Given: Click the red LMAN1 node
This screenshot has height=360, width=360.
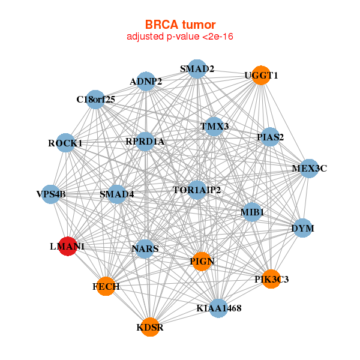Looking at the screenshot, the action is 68,246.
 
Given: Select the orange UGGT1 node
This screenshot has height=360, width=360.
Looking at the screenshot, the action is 261,76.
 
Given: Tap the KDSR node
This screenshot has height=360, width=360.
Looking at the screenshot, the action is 150,327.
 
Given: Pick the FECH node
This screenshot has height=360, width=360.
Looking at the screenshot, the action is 106,286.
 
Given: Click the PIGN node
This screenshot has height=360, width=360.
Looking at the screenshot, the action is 202,262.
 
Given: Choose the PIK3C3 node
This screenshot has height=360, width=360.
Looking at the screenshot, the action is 271,279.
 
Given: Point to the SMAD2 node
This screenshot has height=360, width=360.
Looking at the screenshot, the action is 197,69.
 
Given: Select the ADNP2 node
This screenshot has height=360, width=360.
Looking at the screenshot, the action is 146,81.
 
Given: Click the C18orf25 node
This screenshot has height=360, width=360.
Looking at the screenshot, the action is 95,100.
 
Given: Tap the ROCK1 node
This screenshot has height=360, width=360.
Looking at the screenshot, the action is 65,143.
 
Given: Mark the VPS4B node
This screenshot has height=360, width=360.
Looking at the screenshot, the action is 51,194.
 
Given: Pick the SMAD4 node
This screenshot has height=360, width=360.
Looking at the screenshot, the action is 116,194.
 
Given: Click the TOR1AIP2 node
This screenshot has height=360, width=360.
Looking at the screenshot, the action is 197,190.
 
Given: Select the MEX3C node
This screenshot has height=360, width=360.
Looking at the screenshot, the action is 310,169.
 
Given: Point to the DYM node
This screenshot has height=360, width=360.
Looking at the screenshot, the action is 303,228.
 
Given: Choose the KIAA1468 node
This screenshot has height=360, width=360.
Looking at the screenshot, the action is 219,308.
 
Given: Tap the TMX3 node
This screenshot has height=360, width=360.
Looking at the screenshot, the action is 214,127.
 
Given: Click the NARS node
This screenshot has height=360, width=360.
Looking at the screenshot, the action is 145,249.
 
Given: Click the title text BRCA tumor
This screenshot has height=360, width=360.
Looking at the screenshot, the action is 180,25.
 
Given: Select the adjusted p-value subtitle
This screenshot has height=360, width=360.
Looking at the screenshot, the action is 180,37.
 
